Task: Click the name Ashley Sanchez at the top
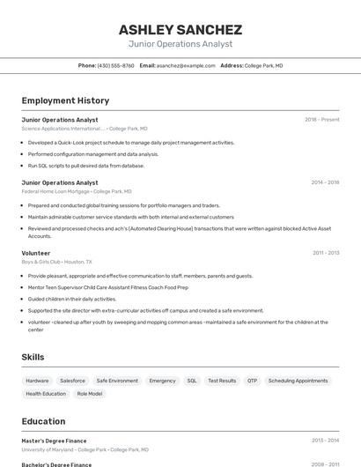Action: (x=180, y=29)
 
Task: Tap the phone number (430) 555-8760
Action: (x=115, y=66)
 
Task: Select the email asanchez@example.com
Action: (x=186, y=66)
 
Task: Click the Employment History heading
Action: (x=65, y=101)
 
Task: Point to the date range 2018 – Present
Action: (x=321, y=120)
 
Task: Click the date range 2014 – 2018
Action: (x=325, y=183)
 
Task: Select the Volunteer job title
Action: (x=36, y=253)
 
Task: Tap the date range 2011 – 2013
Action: (x=326, y=253)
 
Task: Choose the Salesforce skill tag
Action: (x=73, y=381)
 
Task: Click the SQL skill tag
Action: (x=191, y=381)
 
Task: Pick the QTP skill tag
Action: (x=252, y=381)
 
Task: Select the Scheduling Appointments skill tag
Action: (x=298, y=381)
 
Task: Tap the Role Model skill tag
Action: (x=89, y=394)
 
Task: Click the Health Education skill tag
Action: (x=46, y=394)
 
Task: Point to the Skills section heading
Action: (x=33, y=357)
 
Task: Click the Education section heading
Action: (x=44, y=421)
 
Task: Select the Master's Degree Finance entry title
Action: (x=54, y=441)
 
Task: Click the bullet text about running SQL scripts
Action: (x=85, y=166)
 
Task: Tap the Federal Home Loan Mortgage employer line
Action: (x=77, y=191)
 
